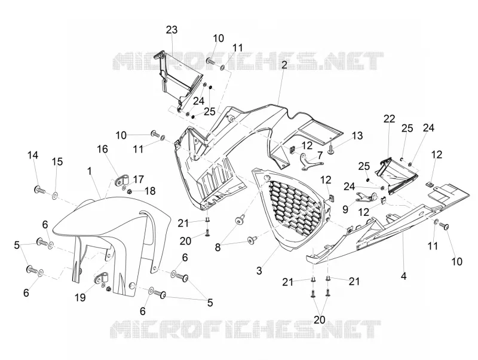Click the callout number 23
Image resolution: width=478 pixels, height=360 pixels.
(x=171, y=30)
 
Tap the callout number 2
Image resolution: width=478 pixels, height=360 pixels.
(x=284, y=65)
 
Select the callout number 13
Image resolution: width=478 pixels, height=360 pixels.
(x=357, y=136)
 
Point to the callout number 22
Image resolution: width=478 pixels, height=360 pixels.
(x=390, y=118)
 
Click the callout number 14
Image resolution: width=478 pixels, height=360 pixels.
(x=33, y=155)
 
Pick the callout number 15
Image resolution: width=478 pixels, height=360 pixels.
(x=57, y=161)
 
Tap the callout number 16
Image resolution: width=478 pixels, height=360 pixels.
(x=102, y=149)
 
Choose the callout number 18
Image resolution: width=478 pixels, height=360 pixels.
(x=150, y=191)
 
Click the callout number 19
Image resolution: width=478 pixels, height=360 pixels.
(x=80, y=297)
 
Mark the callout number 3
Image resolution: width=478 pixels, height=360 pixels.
(x=259, y=271)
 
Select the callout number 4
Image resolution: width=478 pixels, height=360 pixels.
(x=404, y=276)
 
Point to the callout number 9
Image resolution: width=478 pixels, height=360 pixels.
(x=345, y=209)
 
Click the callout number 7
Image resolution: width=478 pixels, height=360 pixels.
(x=320, y=155)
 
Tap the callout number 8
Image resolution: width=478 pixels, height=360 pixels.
(x=217, y=247)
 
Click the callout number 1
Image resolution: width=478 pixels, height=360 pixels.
(x=89, y=171)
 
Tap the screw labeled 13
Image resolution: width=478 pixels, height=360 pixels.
(x=332, y=148)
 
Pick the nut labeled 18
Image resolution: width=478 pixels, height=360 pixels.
(x=129, y=191)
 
